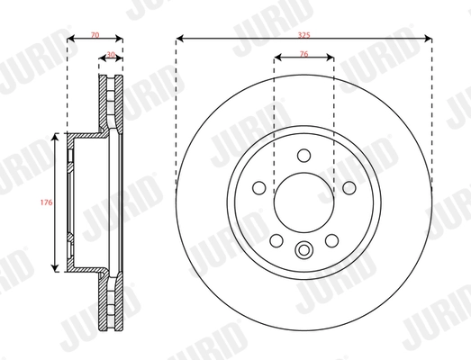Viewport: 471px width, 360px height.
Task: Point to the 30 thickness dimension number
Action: coord(110,55)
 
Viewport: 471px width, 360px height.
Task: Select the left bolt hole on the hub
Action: coord(259,187)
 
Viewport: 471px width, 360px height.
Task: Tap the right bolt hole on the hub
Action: coord(348,187)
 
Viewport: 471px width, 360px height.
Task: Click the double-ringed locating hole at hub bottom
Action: coord(303,251)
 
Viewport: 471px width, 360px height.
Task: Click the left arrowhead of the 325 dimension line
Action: coord(179,39)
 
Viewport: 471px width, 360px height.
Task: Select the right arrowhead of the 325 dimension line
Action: coord(428,39)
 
